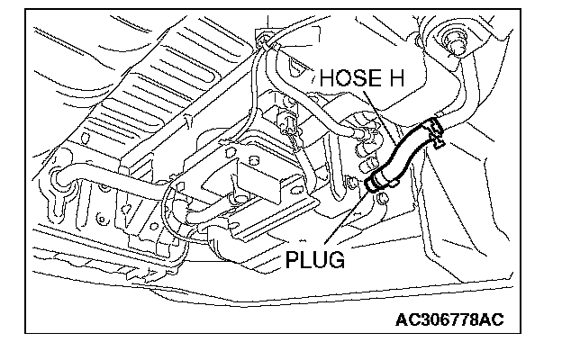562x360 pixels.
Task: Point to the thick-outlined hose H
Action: click(403, 158)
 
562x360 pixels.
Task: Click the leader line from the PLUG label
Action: click(353, 220)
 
